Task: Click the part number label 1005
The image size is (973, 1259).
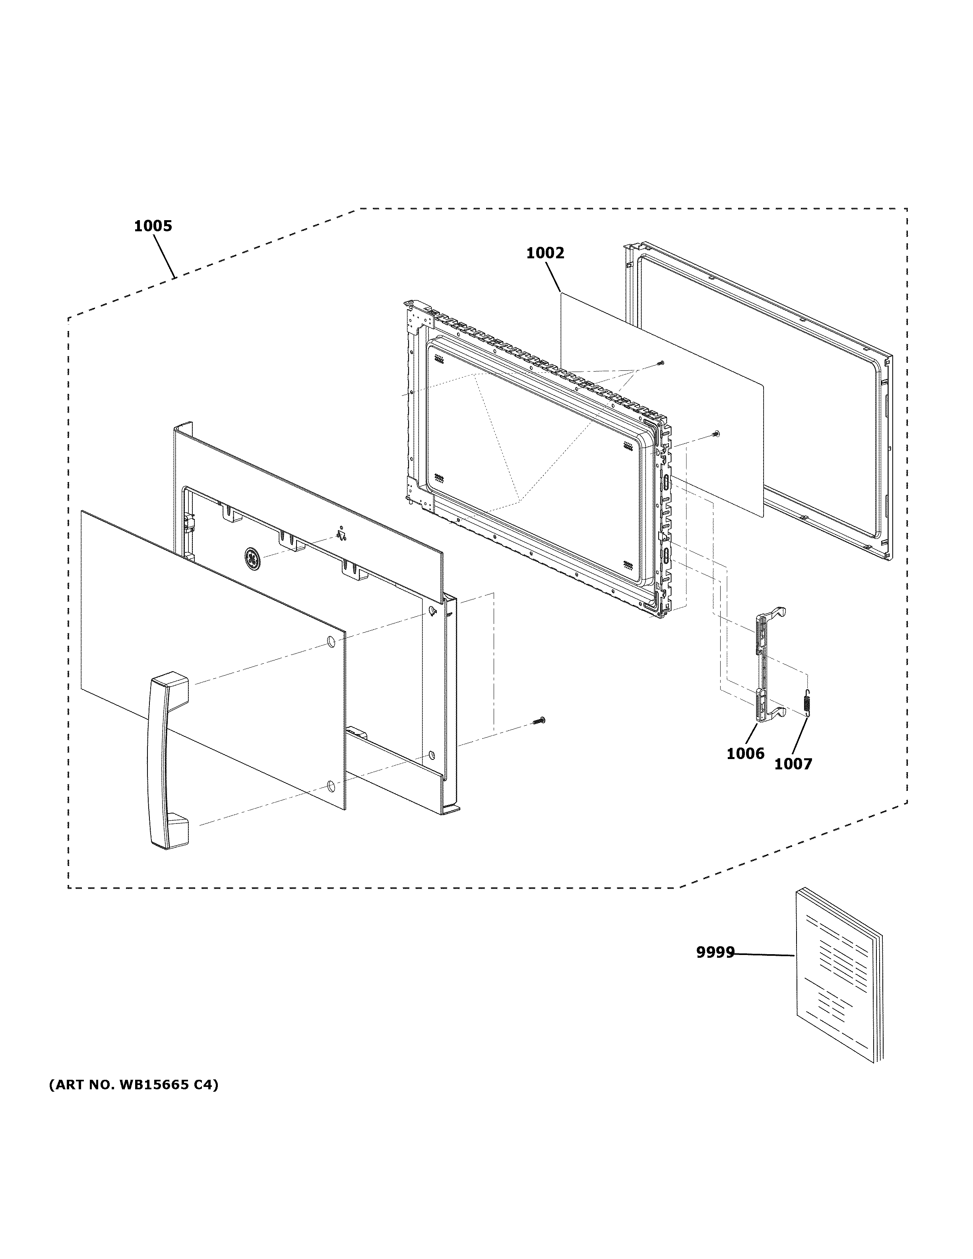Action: click(x=153, y=226)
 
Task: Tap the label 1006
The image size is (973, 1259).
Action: click(x=745, y=753)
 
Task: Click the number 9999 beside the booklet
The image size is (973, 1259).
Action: click(x=715, y=953)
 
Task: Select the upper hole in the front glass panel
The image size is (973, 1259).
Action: click(x=331, y=641)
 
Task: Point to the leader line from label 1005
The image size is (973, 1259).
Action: click(x=164, y=256)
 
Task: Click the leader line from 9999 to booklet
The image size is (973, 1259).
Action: click(x=764, y=955)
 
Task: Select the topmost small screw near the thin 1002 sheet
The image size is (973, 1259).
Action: click(x=661, y=362)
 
